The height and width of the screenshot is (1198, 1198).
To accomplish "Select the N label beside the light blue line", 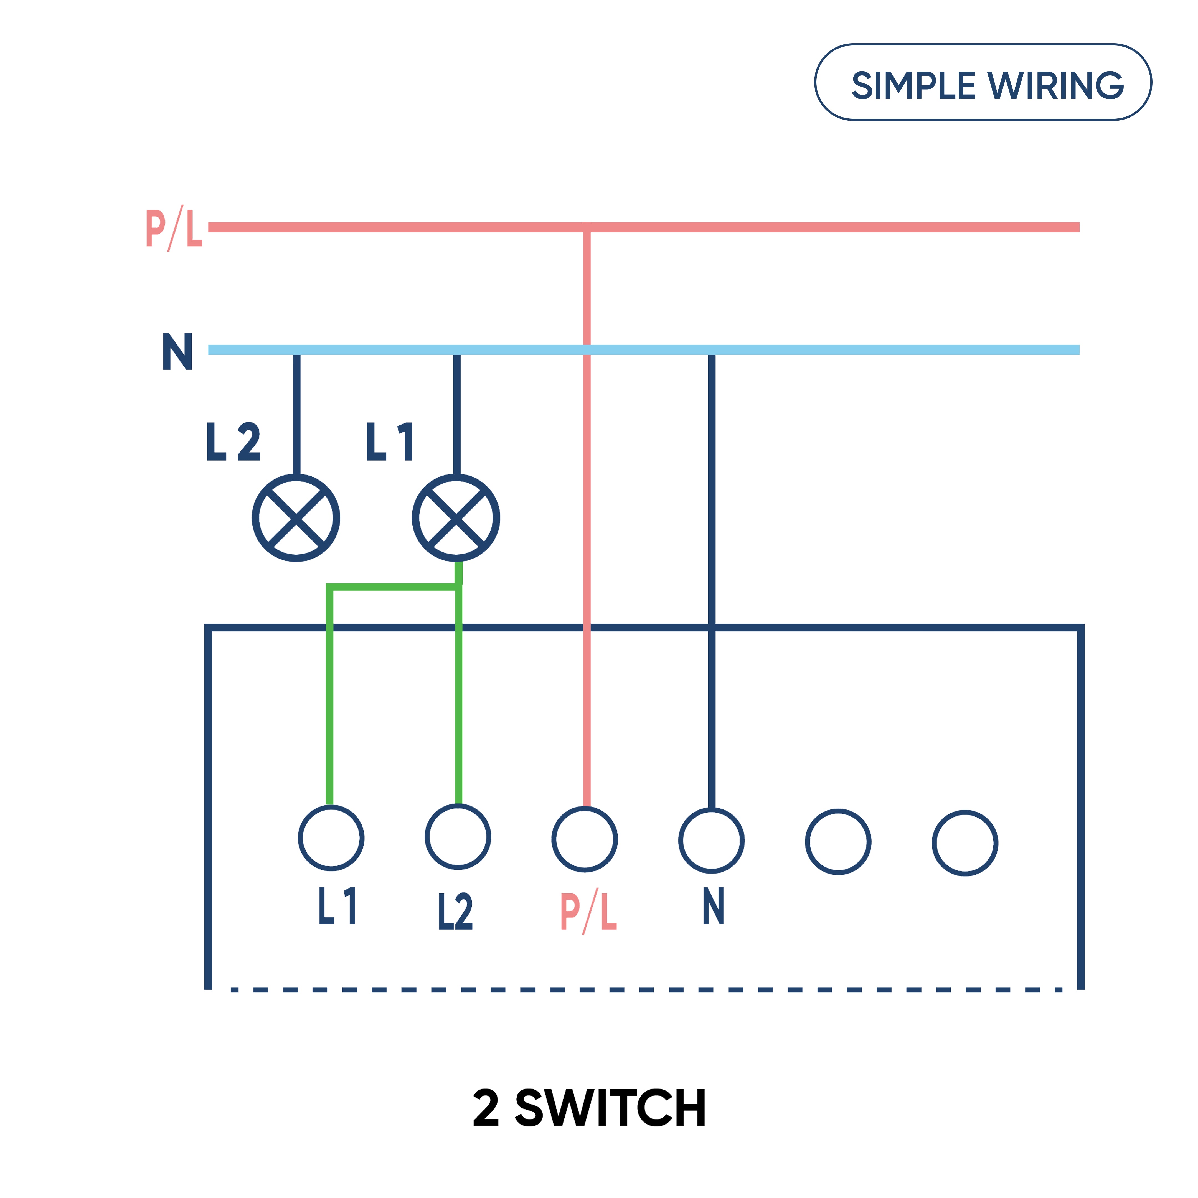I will click(x=177, y=351).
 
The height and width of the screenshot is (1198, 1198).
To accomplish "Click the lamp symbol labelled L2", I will click(x=296, y=518).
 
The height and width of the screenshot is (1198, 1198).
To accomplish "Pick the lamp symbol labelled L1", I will click(x=456, y=518).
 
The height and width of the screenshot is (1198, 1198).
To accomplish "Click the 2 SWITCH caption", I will click(x=589, y=1108).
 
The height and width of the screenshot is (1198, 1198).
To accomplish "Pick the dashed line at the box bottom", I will click(x=645, y=990).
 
